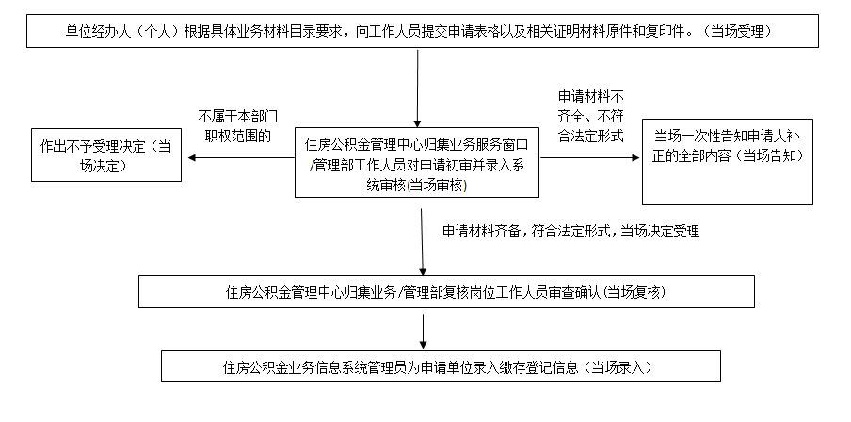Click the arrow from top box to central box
pyautogui.click(x=417, y=89)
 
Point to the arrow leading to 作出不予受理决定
pyautogui.click(x=241, y=158)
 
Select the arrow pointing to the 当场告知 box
pyautogui.click(x=590, y=158)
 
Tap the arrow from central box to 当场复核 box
pyautogui.click(x=422, y=242)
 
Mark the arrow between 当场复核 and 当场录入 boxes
pyautogui.click(x=423, y=332)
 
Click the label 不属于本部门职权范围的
pyautogui.click(x=238, y=126)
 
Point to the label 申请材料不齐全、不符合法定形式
pyautogui.click(x=590, y=116)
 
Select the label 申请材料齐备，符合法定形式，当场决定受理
pyautogui.click(x=571, y=232)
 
